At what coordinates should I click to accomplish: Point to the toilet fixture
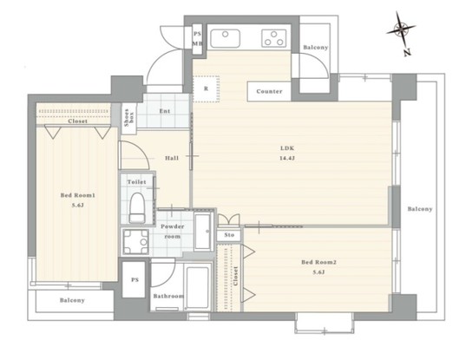tap(136, 206)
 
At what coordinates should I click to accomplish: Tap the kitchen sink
tap(226, 37)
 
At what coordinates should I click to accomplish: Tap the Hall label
tap(172, 158)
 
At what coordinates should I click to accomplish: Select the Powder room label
tap(171, 231)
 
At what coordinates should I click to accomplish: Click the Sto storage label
tap(229, 235)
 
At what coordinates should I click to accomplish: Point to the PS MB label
tap(197, 37)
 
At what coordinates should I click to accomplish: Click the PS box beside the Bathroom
tap(135, 281)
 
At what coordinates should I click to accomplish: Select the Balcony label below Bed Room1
tap(72, 300)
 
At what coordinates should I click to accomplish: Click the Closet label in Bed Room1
tap(76, 121)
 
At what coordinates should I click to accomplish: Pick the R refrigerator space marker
tap(206, 88)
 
